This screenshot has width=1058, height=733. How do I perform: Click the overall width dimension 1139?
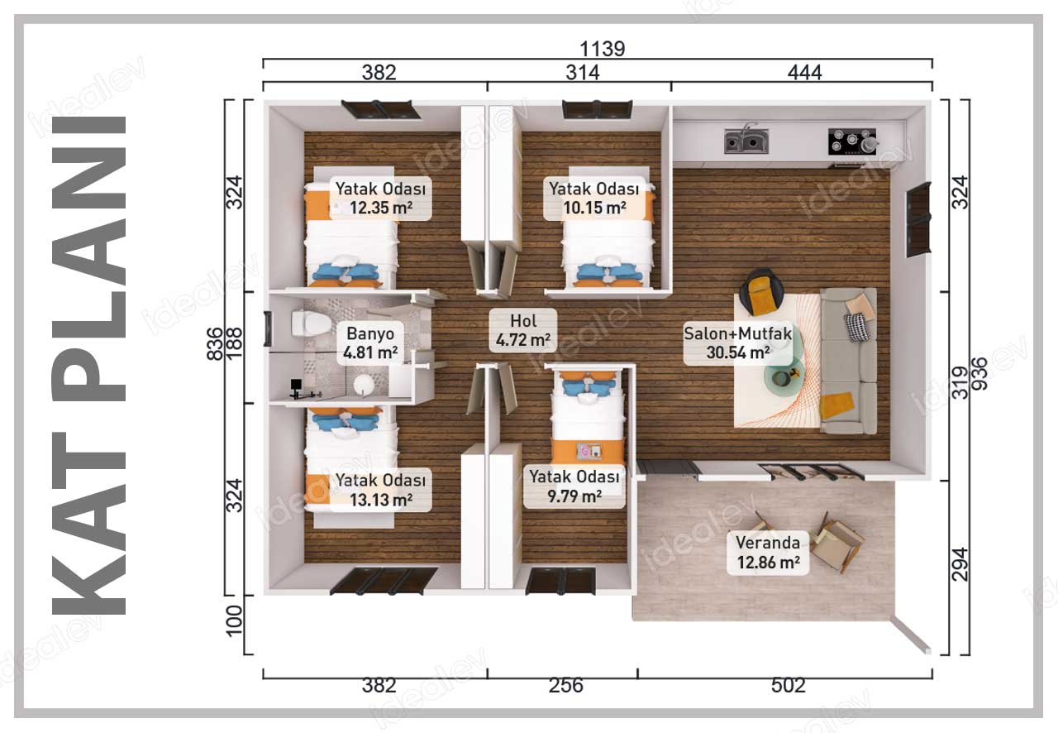click(602, 49)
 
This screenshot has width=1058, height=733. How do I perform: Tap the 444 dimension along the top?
click(805, 73)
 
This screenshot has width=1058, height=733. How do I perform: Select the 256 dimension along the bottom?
click(566, 685)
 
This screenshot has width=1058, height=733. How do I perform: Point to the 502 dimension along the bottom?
click(789, 685)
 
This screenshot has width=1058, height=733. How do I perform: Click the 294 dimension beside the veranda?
click(960, 564)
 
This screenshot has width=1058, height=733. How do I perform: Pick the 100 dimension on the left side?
click(234, 621)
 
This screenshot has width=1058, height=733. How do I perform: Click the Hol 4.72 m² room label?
click(523, 330)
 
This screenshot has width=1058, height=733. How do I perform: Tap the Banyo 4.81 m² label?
click(370, 343)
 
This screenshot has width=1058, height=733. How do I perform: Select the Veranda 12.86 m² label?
click(768, 553)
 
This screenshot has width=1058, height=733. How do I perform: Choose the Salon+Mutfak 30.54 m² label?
click(738, 343)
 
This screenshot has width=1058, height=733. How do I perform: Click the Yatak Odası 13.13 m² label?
click(380, 490)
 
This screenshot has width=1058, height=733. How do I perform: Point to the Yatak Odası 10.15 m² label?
click(593, 199)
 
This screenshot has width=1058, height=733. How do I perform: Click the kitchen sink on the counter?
click(746, 141)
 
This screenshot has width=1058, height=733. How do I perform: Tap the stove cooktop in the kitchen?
click(851, 141)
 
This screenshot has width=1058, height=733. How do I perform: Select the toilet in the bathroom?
click(311, 323)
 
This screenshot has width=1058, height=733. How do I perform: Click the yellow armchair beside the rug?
click(762, 292)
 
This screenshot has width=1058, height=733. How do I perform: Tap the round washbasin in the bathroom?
click(365, 385)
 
